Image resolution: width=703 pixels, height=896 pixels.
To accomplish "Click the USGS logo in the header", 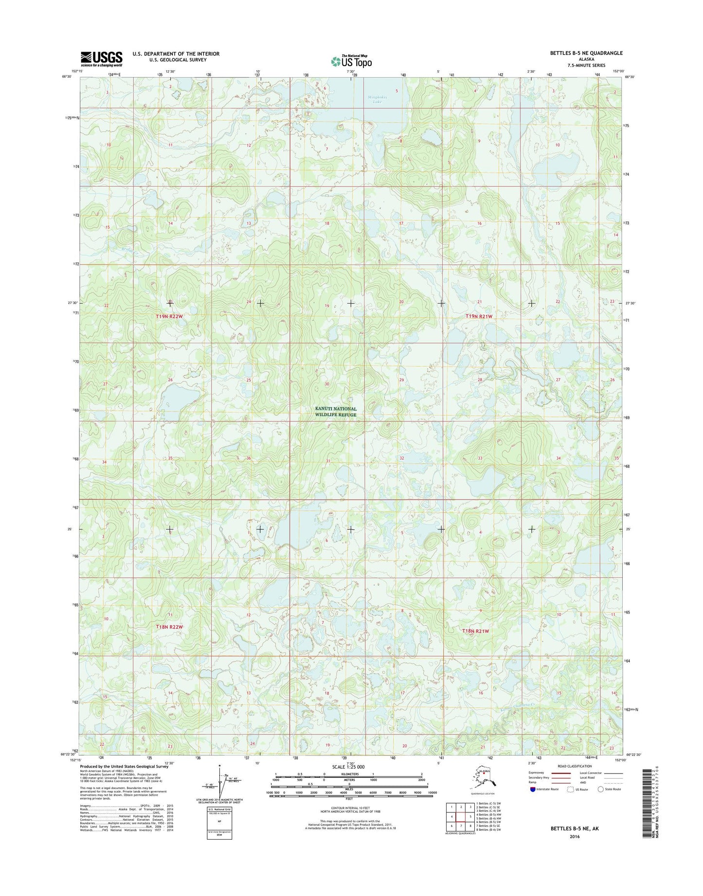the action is point(101,58).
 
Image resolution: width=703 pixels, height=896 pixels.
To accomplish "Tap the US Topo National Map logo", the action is point(351,61).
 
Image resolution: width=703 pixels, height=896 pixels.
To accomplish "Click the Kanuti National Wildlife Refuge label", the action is point(335,412).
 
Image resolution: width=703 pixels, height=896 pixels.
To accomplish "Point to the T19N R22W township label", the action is point(169,317).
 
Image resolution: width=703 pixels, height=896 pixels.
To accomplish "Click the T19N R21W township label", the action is point(479,316).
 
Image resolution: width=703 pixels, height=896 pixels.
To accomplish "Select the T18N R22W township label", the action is point(169,627).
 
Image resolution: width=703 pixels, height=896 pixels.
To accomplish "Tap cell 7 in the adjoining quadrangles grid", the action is point(461,826).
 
